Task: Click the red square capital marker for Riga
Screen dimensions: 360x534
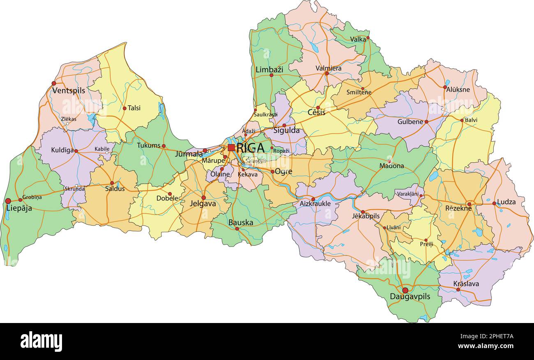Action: [231, 148]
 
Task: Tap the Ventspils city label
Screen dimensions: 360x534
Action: [69, 91]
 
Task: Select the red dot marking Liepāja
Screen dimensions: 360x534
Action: [8, 201]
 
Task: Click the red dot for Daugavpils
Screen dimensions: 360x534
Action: [405, 290]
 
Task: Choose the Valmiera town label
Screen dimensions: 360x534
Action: [328, 68]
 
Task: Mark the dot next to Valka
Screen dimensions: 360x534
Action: [368, 38]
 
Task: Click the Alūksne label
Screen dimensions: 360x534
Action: [458, 90]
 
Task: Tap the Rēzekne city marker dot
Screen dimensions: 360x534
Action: [469, 204]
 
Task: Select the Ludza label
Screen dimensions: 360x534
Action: [506, 202]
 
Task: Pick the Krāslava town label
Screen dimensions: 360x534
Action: [466, 284]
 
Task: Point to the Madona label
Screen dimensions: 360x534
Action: [391, 166]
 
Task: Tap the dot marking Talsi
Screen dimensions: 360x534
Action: [124, 108]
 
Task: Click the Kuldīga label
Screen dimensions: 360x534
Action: [62, 150]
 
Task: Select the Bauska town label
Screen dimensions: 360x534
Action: [241, 223]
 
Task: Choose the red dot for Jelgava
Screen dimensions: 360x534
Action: [203, 198]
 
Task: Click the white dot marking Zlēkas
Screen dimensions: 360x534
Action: [67, 124]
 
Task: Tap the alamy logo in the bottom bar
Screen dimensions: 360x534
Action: [41, 341]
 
